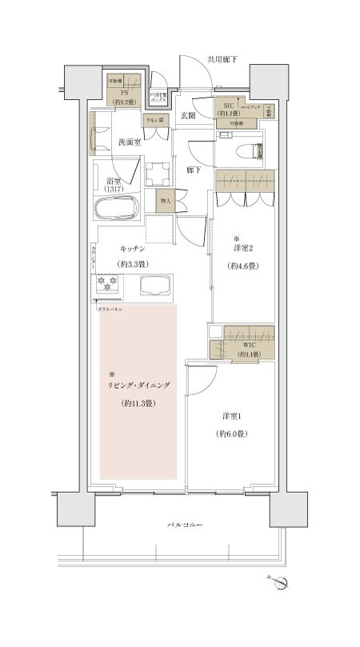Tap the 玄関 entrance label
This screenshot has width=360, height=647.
click(188, 116)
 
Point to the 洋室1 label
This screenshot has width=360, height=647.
click(232, 416)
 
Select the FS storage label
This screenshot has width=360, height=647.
click(125, 93)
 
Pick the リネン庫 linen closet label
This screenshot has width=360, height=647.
click(154, 120)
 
